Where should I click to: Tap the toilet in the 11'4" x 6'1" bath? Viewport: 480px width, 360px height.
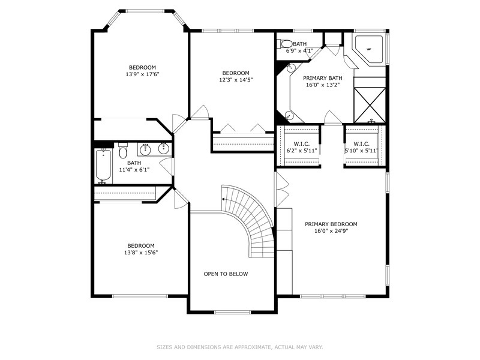[x=123, y=150]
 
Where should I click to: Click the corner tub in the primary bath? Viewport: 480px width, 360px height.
[x=369, y=49]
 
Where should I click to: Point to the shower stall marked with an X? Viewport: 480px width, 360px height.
[x=370, y=105]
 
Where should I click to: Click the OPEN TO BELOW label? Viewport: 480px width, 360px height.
[x=226, y=274]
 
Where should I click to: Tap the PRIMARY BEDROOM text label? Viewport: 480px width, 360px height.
[x=331, y=224]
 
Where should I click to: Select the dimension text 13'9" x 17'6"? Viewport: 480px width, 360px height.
[x=143, y=74]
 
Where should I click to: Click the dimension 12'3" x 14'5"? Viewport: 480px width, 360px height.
[x=236, y=80]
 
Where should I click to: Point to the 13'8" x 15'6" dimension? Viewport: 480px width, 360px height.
[x=141, y=253]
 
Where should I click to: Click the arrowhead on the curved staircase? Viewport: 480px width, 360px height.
[x=223, y=199]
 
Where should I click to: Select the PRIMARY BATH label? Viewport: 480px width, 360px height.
[x=323, y=79]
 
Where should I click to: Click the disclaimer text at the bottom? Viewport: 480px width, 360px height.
[x=239, y=347]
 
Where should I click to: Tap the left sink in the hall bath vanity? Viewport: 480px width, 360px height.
[x=145, y=149]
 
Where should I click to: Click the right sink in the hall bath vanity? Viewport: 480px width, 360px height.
[x=164, y=149]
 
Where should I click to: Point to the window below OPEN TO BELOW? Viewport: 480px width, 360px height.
[x=232, y=312]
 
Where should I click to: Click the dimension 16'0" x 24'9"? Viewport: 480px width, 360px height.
[x=331, y=231]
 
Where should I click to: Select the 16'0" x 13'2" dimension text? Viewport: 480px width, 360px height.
[x=323, y=85]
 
